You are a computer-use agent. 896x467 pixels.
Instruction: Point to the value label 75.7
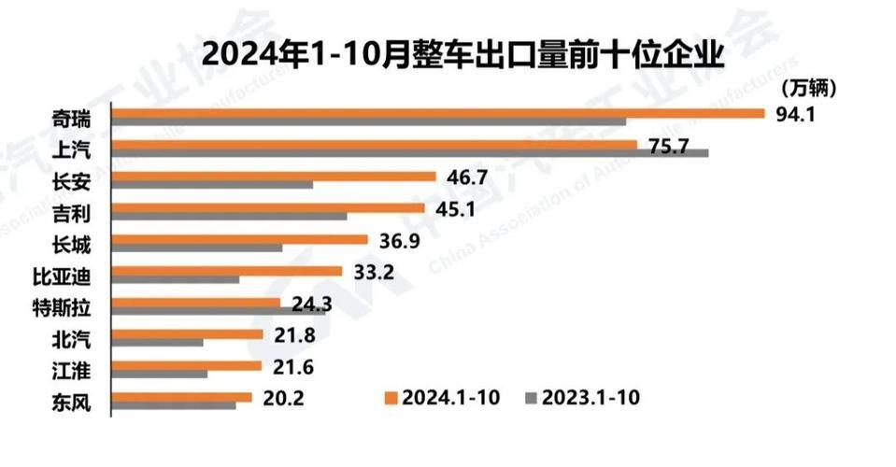669,146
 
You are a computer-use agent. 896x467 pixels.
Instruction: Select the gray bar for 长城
197,248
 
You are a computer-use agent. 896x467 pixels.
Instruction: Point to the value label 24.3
311,304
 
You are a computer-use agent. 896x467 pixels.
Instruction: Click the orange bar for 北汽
187,333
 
